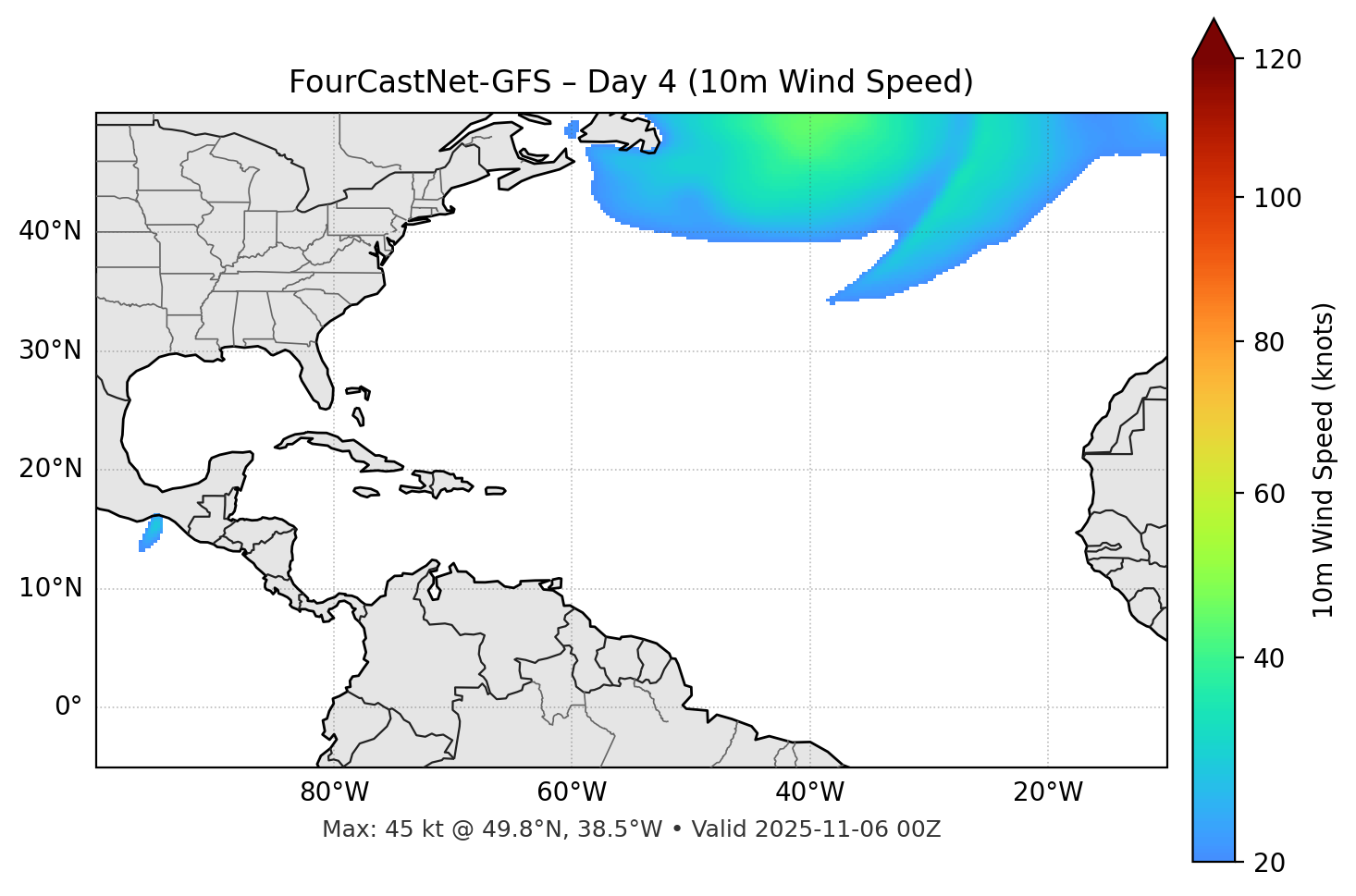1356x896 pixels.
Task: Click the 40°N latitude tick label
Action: (x=50, y=231)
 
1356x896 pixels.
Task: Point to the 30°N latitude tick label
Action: (x=50, y=350)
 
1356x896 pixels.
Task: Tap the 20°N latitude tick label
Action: (x=50, y=469)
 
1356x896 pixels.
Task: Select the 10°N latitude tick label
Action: (x=50, y=588)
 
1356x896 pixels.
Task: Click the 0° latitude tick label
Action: (x=68, y=707)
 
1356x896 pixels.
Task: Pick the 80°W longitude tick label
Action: (x=334, y=792)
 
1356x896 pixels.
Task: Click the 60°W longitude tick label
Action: (x=572, y=792)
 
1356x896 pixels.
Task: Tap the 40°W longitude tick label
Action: (x=809, y=792)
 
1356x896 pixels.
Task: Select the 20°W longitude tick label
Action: (x=1047, y=792)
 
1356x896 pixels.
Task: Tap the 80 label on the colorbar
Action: (x=1269, y=342)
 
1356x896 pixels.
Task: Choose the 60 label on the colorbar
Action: (x=1269, y=494)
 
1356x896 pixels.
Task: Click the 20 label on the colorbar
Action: (x=1269, y=863)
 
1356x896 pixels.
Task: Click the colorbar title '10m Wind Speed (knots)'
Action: (x=1324, y=460)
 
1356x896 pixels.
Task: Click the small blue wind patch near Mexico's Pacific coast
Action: (x=151, y=534)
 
